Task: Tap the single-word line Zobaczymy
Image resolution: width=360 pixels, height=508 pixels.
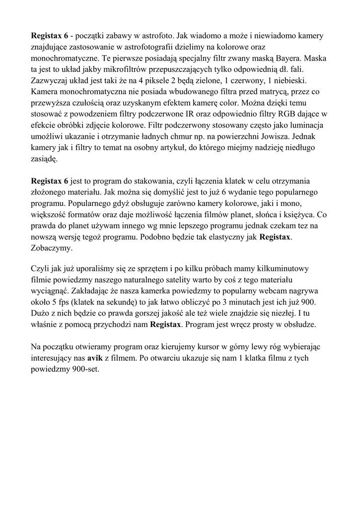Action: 52,248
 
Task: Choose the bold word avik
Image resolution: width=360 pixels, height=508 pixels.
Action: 95,358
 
